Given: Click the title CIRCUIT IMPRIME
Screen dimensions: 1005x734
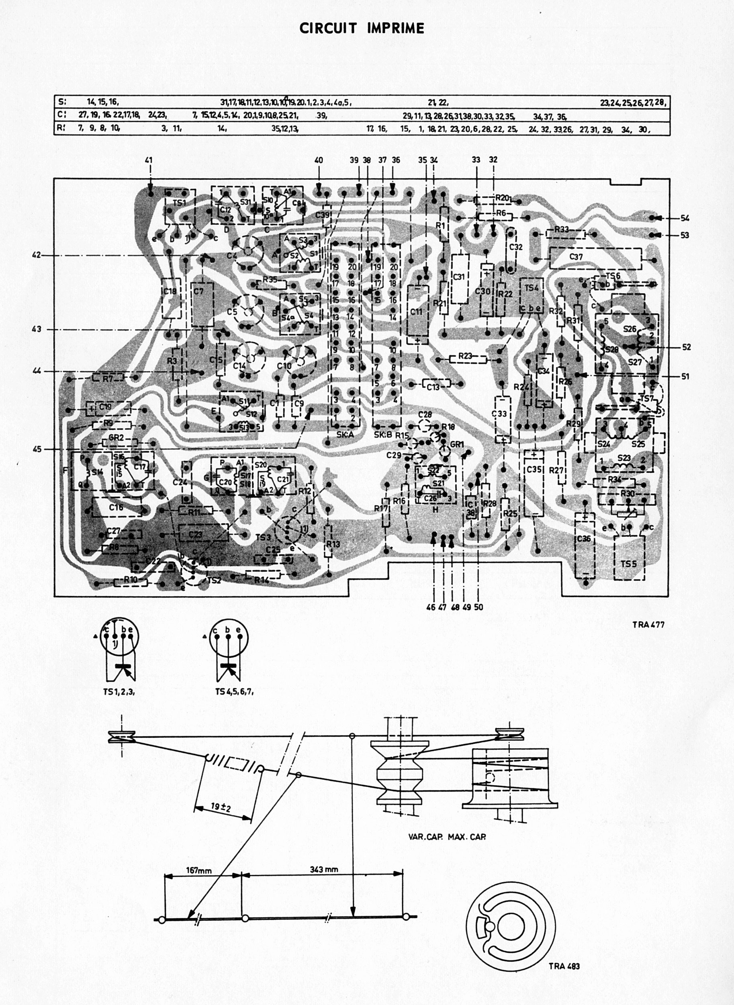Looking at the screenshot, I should tap(362, 29).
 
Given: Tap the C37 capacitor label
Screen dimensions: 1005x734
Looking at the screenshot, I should tap(576, 256).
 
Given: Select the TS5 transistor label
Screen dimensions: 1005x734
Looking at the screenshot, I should tap(629, 564).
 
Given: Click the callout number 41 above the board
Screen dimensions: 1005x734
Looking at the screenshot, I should tap(148, 160).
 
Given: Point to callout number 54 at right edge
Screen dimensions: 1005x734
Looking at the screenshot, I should tap(685, 218).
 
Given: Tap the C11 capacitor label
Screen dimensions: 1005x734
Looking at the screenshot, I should tap(416, 311).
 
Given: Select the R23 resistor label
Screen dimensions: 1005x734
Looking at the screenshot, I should tap(465, 356).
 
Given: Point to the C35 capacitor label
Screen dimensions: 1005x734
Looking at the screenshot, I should tap(534, 470).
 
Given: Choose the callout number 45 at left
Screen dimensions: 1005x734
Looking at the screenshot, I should tap(37, 449).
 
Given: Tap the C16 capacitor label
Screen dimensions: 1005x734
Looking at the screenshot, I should tap(116, 507).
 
